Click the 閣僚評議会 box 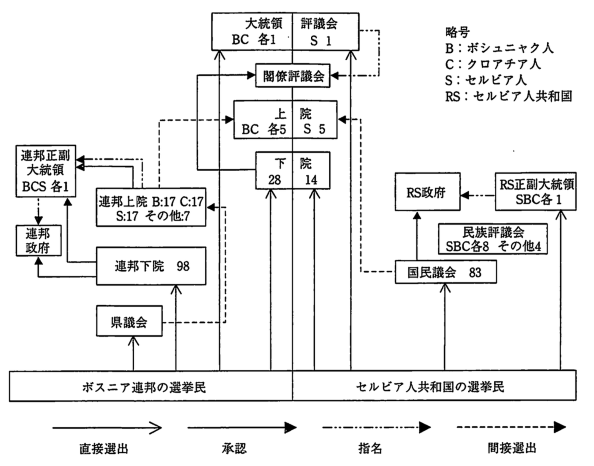click(x=293, y=76)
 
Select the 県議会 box click(x=129, y=321)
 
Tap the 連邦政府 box click(x=38, y=241)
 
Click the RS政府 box click(x=427, y=192)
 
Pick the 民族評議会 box click(x=492, y=239)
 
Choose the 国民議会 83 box click(x=445, y=272)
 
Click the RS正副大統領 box click(x=535, y=192)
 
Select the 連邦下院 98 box click(x=151, y=266)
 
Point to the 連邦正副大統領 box click(x=45, y=171)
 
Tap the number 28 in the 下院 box click(x=274, y=180)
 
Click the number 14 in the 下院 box click(x=311, y=180)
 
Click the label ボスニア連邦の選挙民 click(x=144, y=387)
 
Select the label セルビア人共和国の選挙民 click(x=430, y=387)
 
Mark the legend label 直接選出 click(x=104, y=448)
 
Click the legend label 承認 click(x=234, y=448)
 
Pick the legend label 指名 click(x=370, y=448)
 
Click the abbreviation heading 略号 click(x=458, y=32)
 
